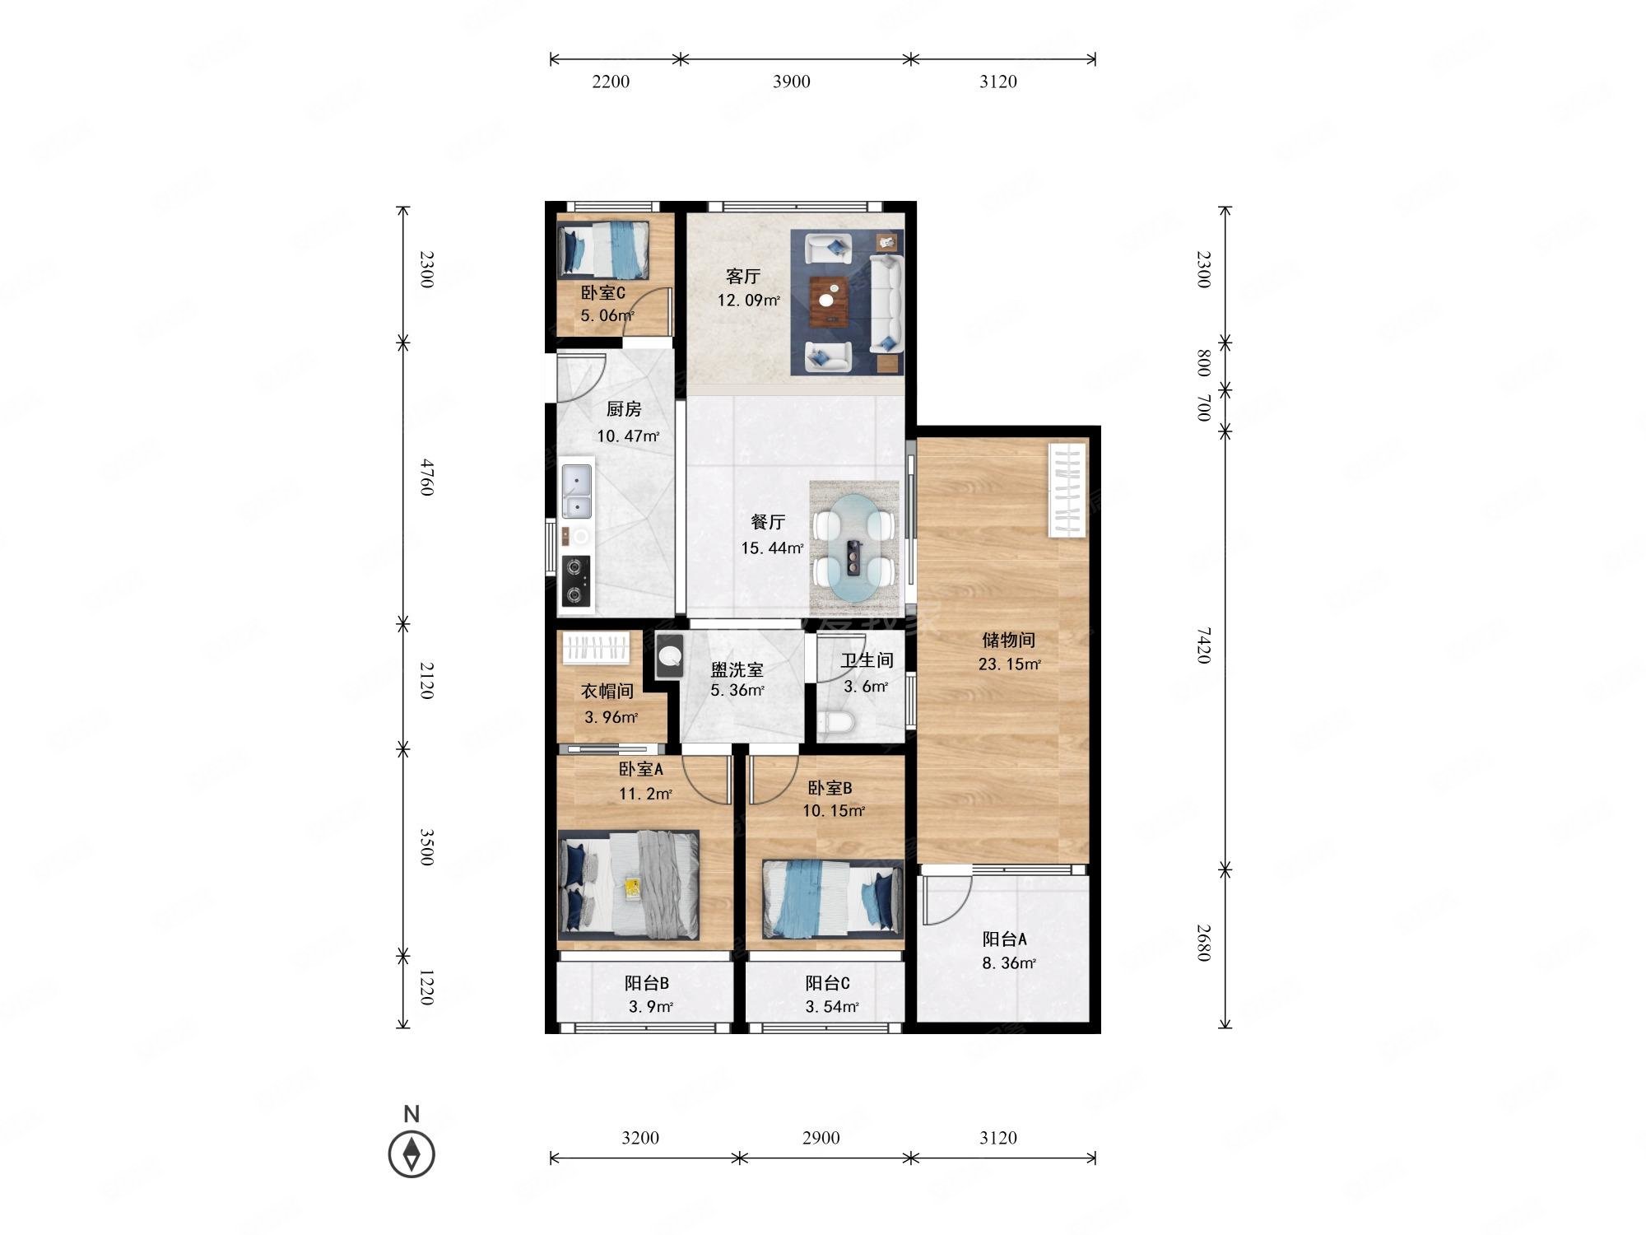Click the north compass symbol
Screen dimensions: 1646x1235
411,1153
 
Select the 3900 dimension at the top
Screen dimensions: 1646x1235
791,82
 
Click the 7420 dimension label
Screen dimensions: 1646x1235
1203,645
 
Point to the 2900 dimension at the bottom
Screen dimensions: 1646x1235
821,1138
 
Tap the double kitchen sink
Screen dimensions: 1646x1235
576,492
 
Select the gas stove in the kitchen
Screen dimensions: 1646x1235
576,582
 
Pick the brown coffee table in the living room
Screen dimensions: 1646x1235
830,300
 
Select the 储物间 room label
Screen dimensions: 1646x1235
1008,640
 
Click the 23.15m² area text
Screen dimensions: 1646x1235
1010,664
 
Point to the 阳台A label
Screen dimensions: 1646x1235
1004,939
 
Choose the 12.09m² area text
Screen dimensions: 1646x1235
749,300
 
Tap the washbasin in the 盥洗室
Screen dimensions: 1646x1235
670,656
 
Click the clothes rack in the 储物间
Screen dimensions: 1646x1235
1068,491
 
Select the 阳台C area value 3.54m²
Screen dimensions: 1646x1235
832,1006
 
